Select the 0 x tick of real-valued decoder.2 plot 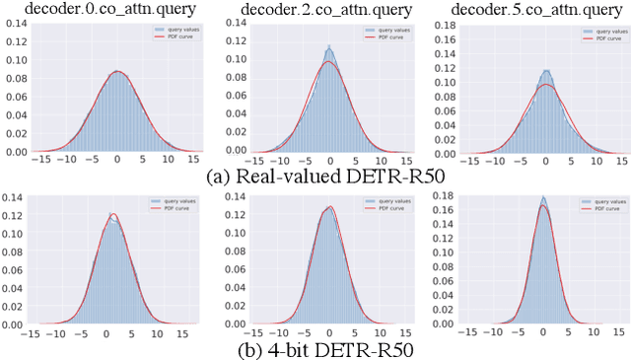[328, 160]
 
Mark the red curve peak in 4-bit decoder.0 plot [113, 214]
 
